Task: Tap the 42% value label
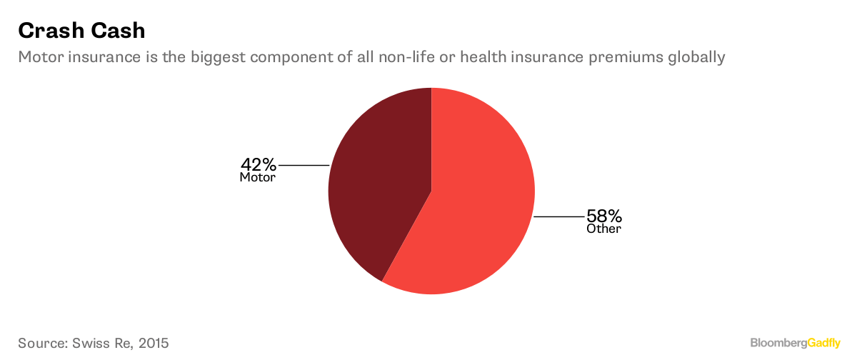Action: [259, 165]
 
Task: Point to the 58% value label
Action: [604, 216]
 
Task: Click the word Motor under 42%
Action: [258, 178]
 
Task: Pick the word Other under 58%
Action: [603, 229]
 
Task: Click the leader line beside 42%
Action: [304, 165]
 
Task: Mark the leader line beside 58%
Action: [559, 216]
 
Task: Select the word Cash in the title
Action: [119, 31]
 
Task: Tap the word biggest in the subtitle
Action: [218, 57]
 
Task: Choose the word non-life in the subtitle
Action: [406, 57]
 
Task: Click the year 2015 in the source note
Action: [154, 343]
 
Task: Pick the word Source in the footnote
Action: [43, 343]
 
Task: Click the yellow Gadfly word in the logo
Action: [823, 343]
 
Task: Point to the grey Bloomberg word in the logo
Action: [778, 343]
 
